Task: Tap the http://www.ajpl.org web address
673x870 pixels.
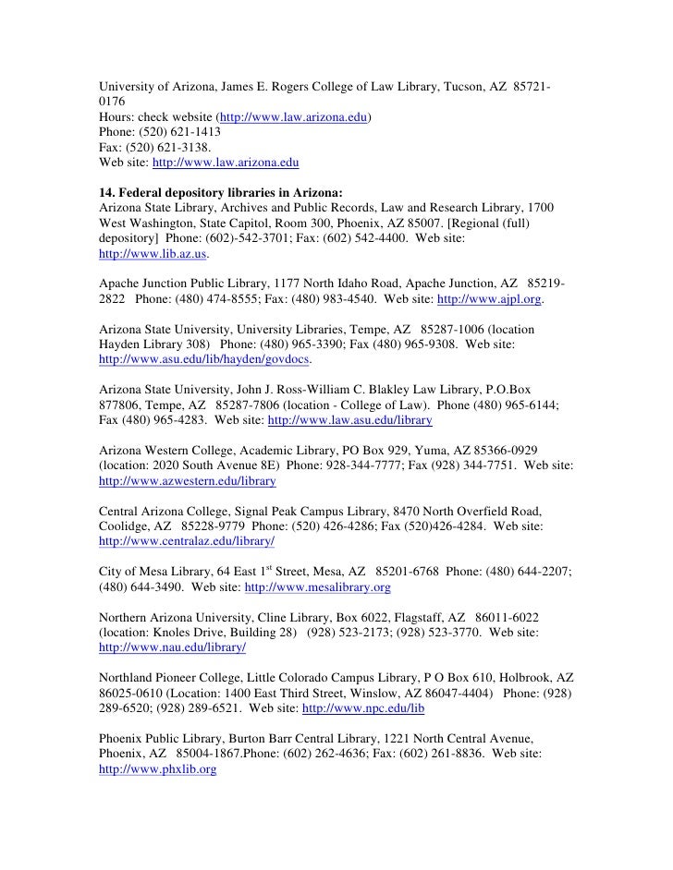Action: tap(489, 300)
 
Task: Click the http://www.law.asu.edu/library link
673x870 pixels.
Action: tap(349, 419)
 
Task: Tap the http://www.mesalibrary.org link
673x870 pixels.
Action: tap(317, 586)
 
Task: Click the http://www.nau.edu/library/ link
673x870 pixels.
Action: tap(171, 647)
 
